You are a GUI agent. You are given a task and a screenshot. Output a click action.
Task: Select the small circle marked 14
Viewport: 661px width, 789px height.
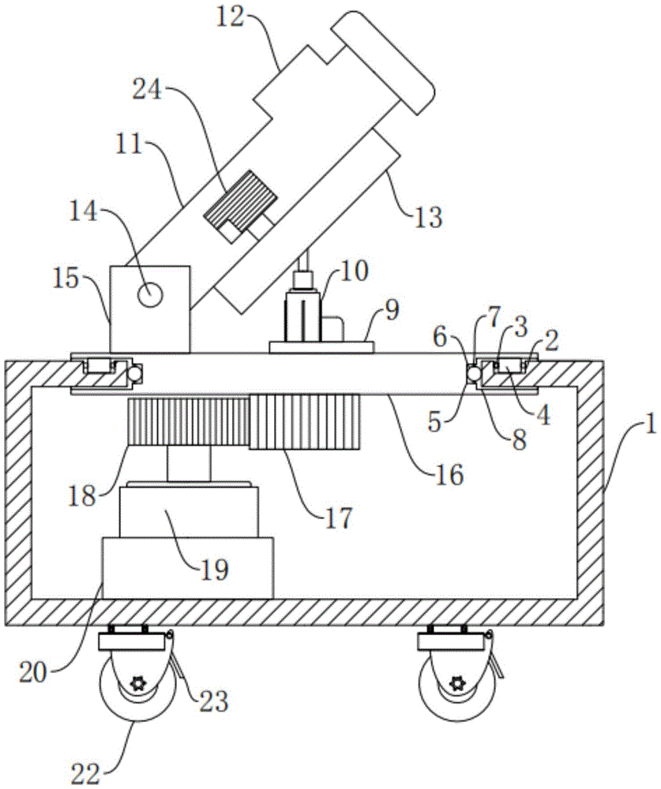click(x=150, y=294)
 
